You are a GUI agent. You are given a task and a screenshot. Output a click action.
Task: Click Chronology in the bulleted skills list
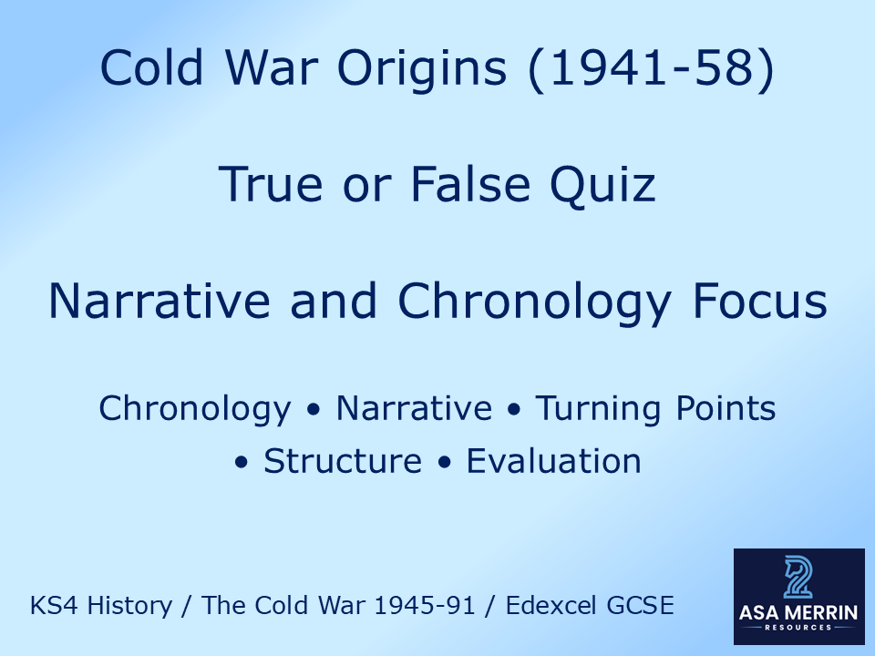(x=194, y=409)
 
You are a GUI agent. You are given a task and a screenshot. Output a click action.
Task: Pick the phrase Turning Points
(x=655, y=409)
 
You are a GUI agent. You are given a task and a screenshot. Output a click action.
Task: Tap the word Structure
(x=343, y=462)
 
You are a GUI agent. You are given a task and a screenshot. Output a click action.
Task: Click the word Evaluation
(x=554, y=462)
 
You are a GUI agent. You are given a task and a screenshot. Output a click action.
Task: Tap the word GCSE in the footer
(x=643, y=606)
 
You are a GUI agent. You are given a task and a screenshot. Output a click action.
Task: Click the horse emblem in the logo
(x=798, y=578)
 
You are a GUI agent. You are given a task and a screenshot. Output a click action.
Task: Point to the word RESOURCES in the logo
(x=798, y=629)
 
